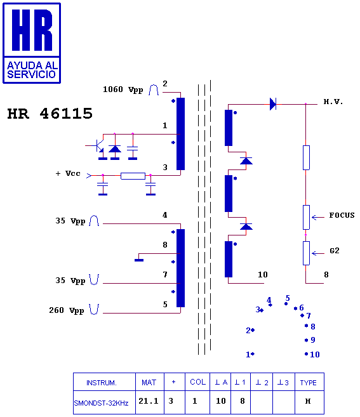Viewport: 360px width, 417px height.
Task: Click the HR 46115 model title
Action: [50, 114]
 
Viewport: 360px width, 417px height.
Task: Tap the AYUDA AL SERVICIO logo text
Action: [32, 70]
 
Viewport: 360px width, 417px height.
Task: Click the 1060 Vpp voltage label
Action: [123, 89]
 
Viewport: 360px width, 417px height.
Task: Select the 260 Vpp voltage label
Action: [67, 310]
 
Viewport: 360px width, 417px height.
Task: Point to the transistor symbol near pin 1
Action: [99, 146]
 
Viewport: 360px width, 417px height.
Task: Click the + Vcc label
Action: [67, 174]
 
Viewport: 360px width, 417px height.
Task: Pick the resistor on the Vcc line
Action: [133, 176]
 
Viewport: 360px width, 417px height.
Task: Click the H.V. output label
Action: [333, 102]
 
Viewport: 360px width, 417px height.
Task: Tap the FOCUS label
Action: [342, 215]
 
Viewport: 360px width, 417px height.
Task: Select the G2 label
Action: [335, 251]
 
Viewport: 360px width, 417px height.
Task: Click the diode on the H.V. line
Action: [273, 104]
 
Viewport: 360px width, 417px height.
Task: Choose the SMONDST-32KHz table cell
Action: [101, 403]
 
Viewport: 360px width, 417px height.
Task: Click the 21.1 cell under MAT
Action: [149, 400]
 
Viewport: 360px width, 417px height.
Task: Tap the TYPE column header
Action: [308, 383]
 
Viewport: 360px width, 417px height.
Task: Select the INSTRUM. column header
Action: [102, 383]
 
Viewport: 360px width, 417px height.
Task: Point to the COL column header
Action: [197, 382]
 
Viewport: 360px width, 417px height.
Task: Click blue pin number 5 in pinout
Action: [288, 298]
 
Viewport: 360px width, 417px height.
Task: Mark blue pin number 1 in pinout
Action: [248, 355]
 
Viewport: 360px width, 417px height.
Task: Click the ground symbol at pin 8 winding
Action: [139, 260]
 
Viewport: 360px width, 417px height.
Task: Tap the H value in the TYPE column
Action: [308, 401]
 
